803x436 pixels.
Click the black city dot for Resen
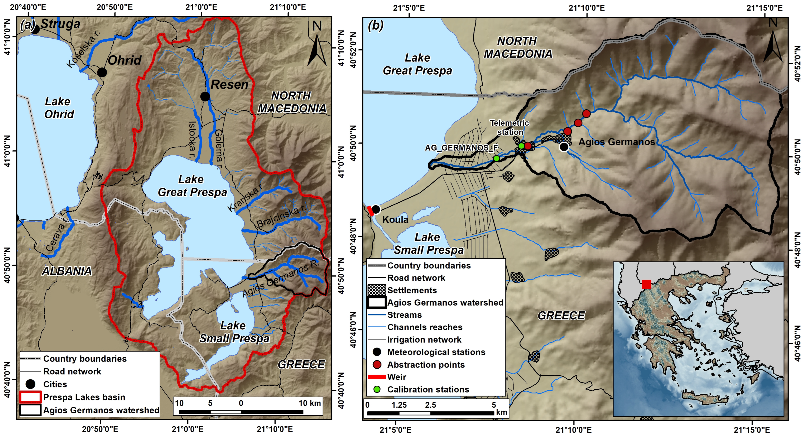(205, 97)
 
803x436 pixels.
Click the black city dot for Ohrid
(102, 72)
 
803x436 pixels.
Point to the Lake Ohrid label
(59, 108)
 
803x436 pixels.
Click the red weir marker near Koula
(370, 211)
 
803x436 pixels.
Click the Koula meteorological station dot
(376, 209)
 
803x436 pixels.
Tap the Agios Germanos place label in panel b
(616, 142)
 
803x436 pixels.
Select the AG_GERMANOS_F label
(461, 148)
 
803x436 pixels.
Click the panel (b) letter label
(375, 25)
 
